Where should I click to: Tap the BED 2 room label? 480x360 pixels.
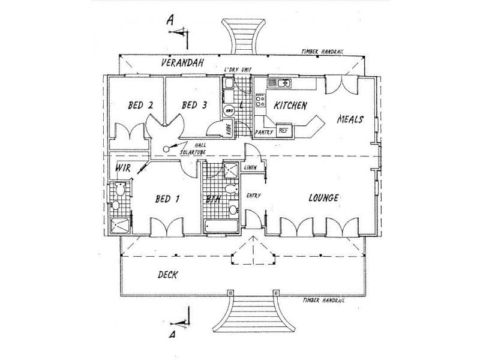tap(140, 105)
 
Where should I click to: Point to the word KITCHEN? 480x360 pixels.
tap(290, 106)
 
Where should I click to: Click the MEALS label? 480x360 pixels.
tap(350, 119)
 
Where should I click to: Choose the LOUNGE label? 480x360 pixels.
tap(325, 197)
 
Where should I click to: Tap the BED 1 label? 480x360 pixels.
tap(168, 199)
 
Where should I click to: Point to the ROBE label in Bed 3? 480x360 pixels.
tap(228, 128)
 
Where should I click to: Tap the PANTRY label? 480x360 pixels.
tap(264, 131)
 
